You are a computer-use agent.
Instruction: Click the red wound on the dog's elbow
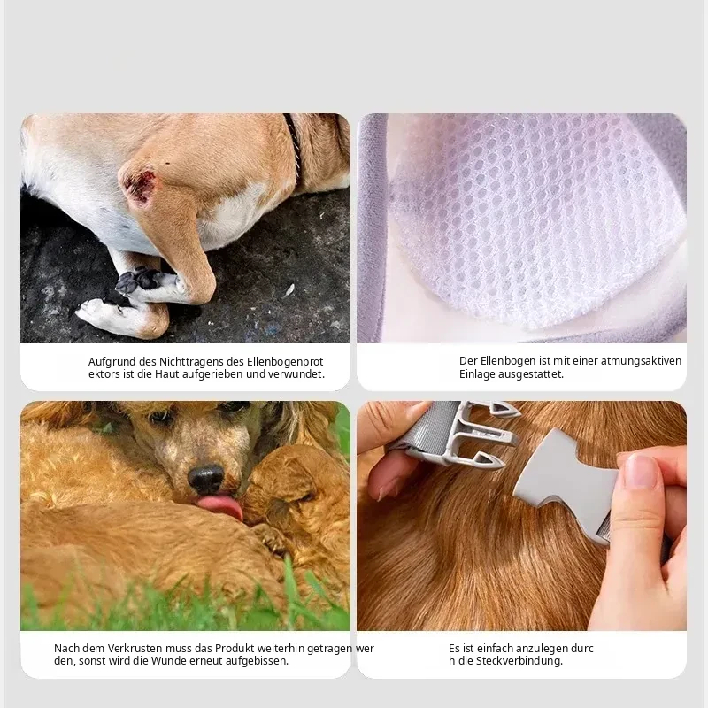point(140,184)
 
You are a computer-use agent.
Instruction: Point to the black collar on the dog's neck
point(294,144)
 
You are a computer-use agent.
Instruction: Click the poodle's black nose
point(206,478)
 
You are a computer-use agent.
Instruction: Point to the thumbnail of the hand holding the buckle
point(640,471)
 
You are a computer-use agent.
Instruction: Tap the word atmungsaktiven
point(641,361)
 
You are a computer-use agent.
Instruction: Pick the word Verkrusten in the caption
point(135,649)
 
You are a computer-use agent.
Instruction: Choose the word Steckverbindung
point(519,661)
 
